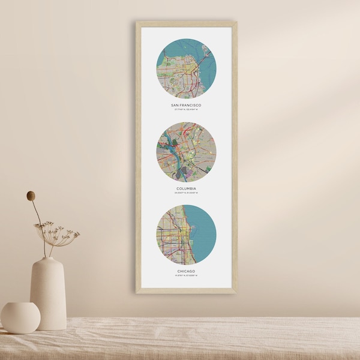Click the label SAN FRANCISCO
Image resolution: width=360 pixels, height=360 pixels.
point(186,105)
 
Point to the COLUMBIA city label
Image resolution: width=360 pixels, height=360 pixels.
point(186,188)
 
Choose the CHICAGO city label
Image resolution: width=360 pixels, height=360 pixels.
point(186,271)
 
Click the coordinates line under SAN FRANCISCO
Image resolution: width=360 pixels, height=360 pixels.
point(186,110)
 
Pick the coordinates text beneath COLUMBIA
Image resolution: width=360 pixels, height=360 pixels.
point(186,193)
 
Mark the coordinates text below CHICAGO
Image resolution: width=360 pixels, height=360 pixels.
point(186,276)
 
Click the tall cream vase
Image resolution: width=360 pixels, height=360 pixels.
point(48,294)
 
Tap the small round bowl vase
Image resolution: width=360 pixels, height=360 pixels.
point(20,317)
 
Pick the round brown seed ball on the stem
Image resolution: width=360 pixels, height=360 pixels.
point(31,196)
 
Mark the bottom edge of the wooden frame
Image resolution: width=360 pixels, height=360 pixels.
point(186,291)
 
